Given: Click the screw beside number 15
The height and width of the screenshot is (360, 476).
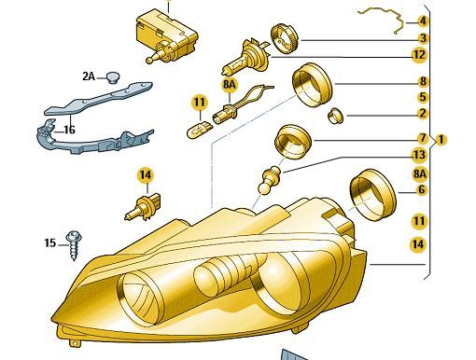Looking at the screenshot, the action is [x=74, y=244].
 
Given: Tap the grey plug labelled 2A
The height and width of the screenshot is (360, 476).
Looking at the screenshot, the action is [x=113, y=77].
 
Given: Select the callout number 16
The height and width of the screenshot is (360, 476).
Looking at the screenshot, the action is [x=69, y=130].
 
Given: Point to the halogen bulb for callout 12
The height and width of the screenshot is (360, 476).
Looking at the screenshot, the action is [x=246, y=58].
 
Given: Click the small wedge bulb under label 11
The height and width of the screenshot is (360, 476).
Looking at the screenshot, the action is [x=200, y=131].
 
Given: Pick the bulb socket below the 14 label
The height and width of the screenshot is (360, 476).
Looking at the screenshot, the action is [x=144, y=206].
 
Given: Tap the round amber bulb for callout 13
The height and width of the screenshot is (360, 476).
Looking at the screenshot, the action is [x=269, y=180].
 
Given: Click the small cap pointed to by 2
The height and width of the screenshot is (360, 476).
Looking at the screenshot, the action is [x=335, y=116].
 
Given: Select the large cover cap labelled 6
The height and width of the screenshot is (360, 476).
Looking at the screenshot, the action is [x=373, y=195].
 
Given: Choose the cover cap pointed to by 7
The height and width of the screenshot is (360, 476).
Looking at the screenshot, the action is [x=293, y=142].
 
